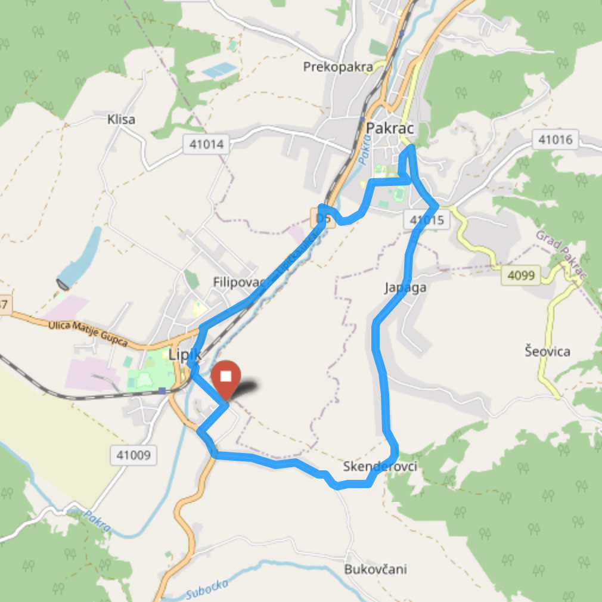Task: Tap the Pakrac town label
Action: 390,128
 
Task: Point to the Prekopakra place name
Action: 338,67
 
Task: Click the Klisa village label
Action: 121,119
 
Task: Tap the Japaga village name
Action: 406,288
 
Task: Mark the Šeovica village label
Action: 547,351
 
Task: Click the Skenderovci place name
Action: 380,467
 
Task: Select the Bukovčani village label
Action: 376,569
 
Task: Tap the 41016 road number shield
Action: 554,141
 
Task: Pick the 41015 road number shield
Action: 427,220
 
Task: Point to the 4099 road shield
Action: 520,275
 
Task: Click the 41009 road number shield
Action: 134,456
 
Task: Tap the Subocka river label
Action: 207,589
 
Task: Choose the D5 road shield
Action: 323,218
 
